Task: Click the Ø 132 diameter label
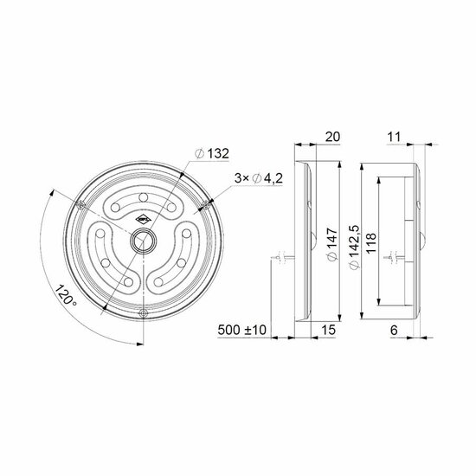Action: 212,153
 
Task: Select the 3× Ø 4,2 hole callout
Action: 259,178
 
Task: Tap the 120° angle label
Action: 65,295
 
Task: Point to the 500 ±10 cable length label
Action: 241,330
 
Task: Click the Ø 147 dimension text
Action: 332,244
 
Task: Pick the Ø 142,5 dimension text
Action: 355,247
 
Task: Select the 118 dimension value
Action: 371,243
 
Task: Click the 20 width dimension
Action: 332,137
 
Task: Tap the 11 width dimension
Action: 394,137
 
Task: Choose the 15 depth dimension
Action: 328,330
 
